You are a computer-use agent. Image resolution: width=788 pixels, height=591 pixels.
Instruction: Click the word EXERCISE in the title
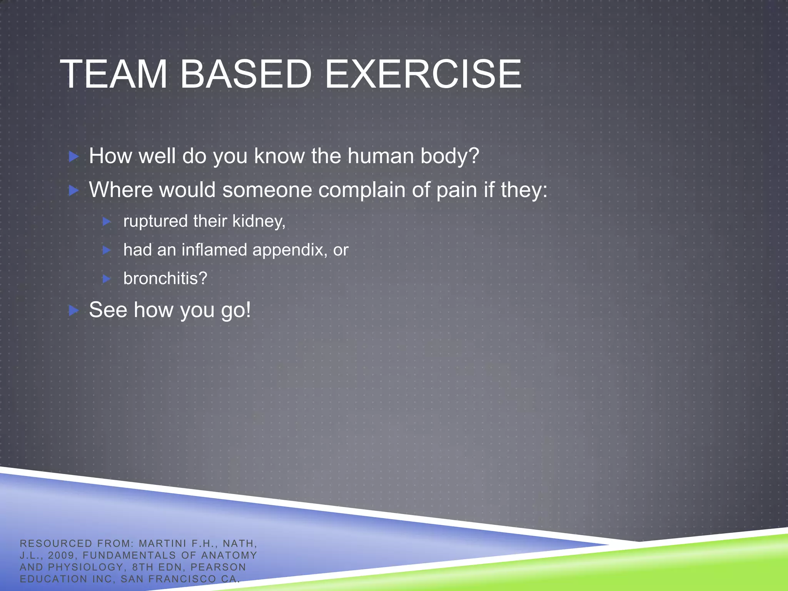click(423, 74)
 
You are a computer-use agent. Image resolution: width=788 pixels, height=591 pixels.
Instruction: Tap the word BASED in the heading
click(246, 74)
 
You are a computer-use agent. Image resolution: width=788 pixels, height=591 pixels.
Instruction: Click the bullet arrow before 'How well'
click(73, 157)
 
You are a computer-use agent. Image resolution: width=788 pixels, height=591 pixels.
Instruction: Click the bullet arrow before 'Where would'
click(73, 190)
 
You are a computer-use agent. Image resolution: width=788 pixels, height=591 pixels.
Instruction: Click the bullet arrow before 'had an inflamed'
click(107, 250)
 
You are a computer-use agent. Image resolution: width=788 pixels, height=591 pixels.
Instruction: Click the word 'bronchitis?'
click(165, 278)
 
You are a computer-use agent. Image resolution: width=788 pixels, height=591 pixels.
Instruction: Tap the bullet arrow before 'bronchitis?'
click(107, 279)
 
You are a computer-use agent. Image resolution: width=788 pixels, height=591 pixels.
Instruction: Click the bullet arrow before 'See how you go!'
click(73, 310)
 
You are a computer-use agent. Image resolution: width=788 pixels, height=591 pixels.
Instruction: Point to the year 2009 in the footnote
click(61, 555)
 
